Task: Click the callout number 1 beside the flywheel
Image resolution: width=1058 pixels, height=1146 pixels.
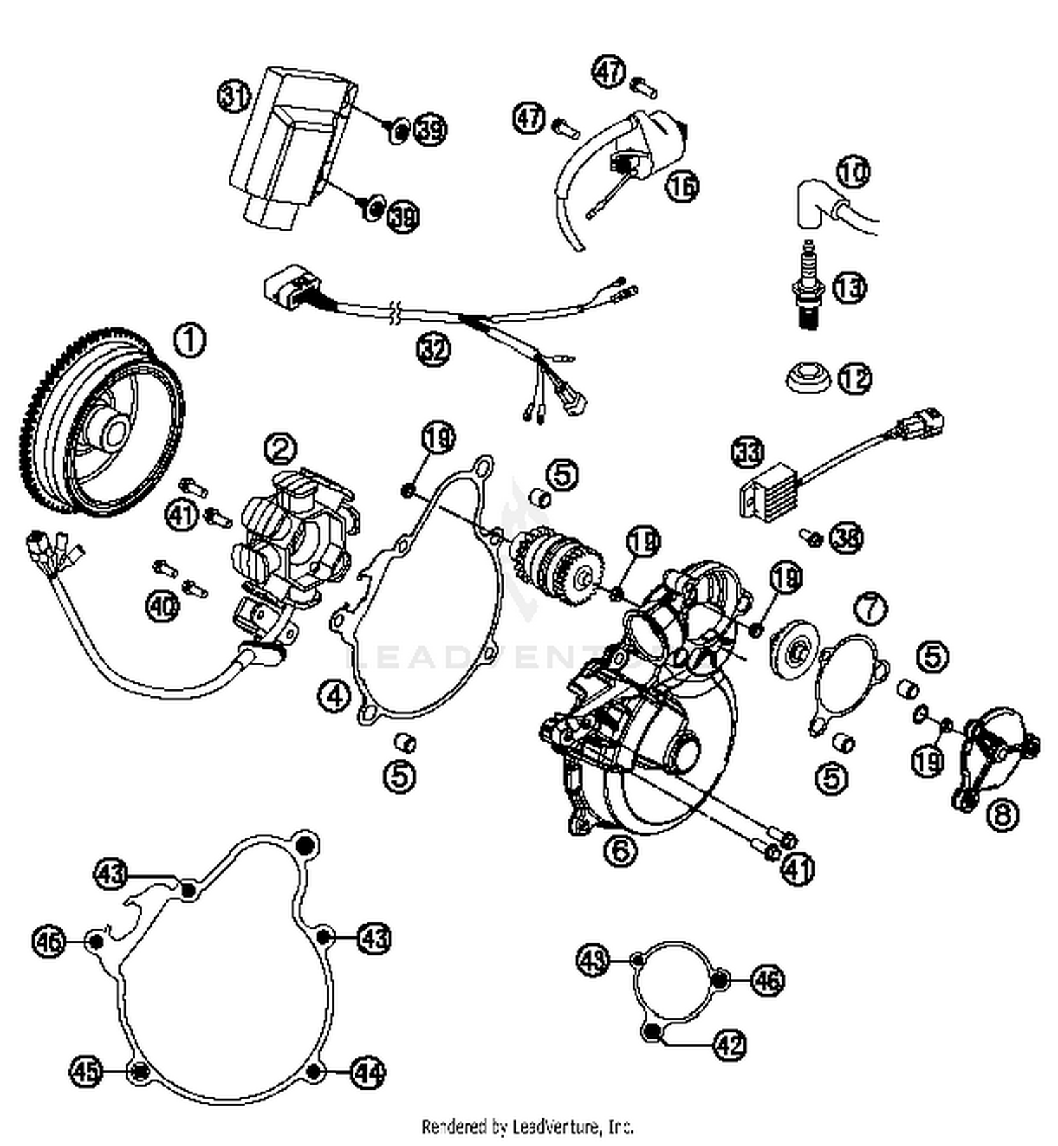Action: click(189, 340)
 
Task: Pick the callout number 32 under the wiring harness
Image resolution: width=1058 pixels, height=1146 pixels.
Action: click(433, 349)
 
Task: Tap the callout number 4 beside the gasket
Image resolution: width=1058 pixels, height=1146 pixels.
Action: click(334, 696)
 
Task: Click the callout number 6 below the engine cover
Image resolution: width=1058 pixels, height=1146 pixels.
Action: click(620, 850)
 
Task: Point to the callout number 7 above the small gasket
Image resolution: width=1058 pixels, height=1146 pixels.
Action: click(870, 608)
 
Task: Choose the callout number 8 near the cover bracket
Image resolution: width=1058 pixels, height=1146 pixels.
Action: click(1002, 815)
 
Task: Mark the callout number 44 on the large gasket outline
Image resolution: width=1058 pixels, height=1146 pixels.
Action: click(369, 1073)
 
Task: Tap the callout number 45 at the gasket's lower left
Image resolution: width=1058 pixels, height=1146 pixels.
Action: click(86, 1072)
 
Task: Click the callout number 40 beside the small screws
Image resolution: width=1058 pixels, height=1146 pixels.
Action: click(163, 605)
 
